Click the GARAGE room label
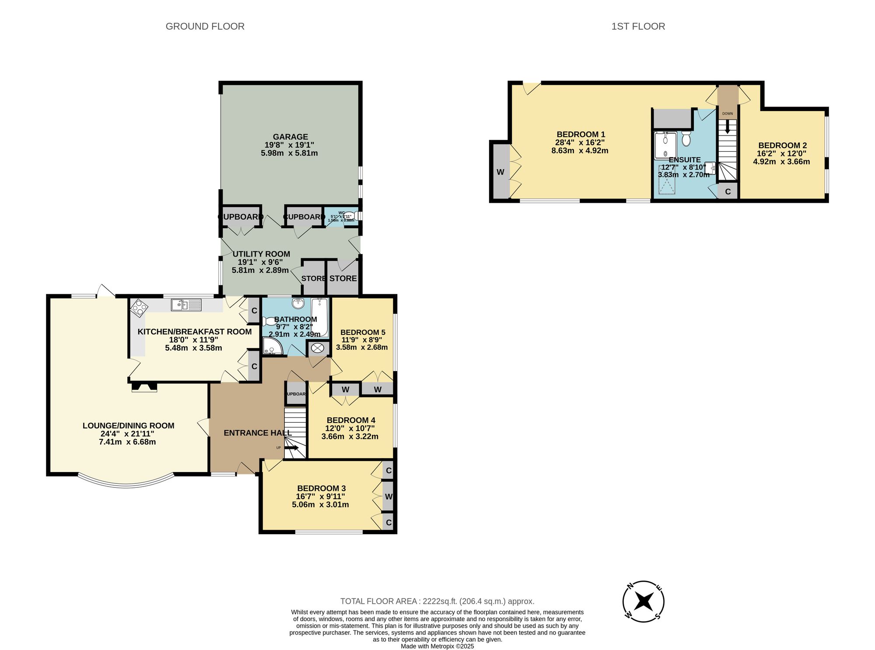click(290, 137)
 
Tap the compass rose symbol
click(643, 601)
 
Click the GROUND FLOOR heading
click(205, 26)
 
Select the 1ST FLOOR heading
click(638, 26)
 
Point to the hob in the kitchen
click(139, 307)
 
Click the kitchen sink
click(186, 305)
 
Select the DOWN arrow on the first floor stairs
click(728, 127)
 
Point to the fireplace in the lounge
click(144, 387)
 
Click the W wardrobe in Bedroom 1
click(500, 172)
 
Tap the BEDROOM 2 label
click(782, 145)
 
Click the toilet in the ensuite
click(686, 139)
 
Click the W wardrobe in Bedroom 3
click(388, 497)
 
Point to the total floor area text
click(437, 601)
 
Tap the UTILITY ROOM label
click(261, 254)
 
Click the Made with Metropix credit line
click(437, 646)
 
